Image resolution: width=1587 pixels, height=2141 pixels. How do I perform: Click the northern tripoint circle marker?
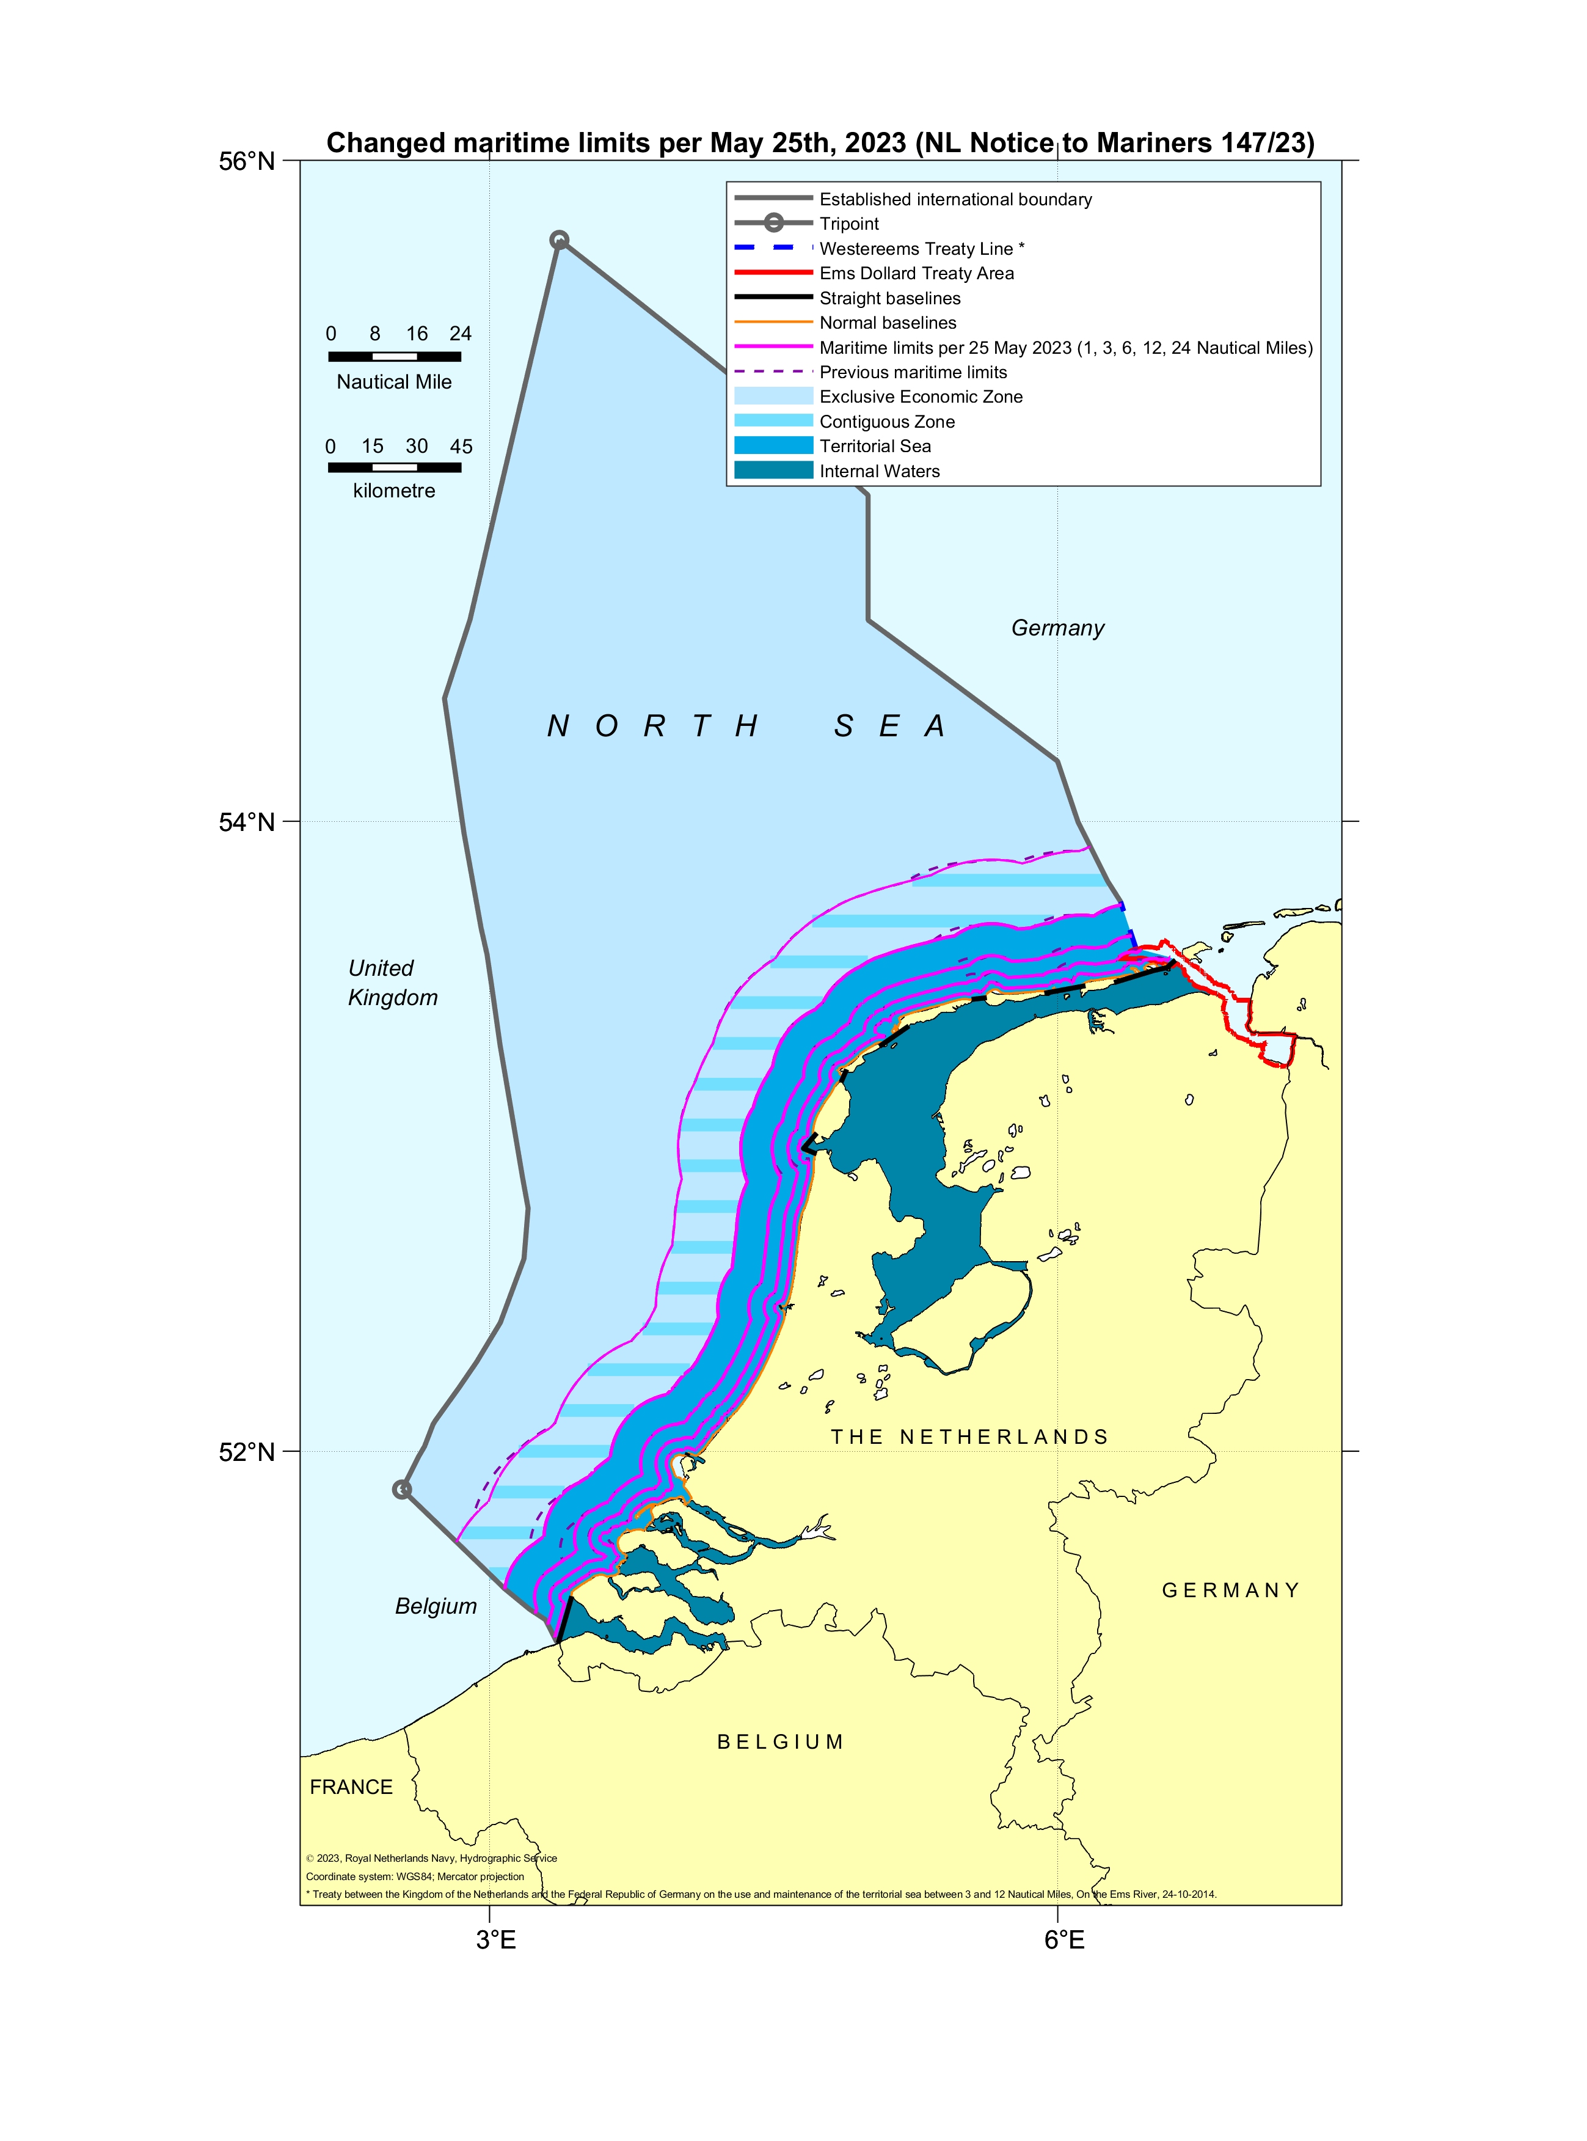click(x=559, y=240)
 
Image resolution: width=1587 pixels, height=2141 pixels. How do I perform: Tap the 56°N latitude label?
click(x=246, y=161)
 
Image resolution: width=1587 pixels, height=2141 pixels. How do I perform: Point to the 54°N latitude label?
click(x=246, y=822)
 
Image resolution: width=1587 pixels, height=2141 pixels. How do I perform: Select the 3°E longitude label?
click(x=495, y=1940)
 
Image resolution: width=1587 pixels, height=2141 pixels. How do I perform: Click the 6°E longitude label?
click(x=1064, y=1940)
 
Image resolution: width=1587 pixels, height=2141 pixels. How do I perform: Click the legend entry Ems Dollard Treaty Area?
click(x=916, y=273)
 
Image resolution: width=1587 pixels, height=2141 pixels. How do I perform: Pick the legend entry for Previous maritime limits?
click(x=913, y=372)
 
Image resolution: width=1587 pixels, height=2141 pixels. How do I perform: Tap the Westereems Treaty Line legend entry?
click(x=921, y=249)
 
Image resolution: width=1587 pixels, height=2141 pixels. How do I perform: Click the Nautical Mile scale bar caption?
click(x=394, y=381)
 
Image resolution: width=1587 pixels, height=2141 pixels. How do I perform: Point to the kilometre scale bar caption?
click(x=394, y=490)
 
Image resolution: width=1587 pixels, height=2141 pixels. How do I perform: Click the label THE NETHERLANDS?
click(x=968, y=1436)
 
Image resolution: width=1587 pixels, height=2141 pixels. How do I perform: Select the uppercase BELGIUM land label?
click(x=780, y=1742)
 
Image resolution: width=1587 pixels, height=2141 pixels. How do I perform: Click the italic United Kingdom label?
click(x=392, y=982)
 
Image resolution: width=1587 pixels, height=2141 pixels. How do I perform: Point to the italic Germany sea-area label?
click(x=1057, y=628)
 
